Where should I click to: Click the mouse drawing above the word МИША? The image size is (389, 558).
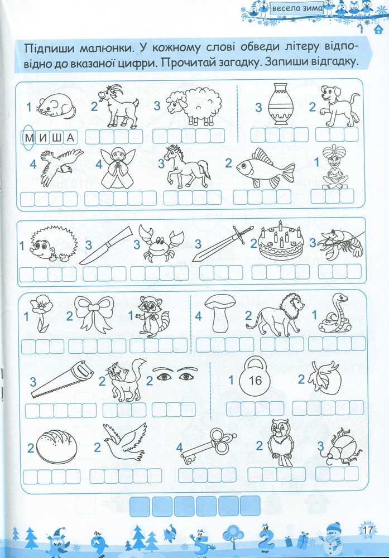[57, 105]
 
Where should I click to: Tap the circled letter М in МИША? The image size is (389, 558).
[28, 137]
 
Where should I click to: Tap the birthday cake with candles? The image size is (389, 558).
[281, 241]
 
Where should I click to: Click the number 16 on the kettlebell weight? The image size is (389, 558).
[255, 381]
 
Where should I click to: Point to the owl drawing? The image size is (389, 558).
[281, 442]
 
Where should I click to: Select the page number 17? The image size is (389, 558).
[367, 530]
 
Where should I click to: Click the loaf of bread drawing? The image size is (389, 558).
[56, 447]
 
